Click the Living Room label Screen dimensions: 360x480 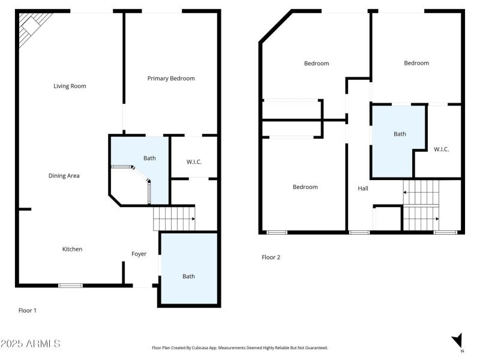(70, 86)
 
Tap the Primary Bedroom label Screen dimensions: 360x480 (171, 78)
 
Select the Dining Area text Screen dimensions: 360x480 (64, 176)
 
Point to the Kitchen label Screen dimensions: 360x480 (73, 249)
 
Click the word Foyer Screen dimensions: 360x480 (139, 254)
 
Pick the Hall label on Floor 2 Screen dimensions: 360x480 (363, 188)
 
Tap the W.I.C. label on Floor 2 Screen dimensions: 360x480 (441, 149)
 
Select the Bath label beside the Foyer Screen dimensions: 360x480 (188, 276)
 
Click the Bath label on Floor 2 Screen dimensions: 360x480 (400, 134)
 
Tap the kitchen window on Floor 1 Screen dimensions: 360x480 (70, 285)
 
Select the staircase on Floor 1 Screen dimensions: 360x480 (174, 218)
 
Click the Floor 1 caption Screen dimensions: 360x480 (28, 310)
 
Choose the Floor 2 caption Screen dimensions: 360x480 (271, 257)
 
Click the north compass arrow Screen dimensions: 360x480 (458, 340)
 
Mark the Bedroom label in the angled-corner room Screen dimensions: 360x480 (316, 63)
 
